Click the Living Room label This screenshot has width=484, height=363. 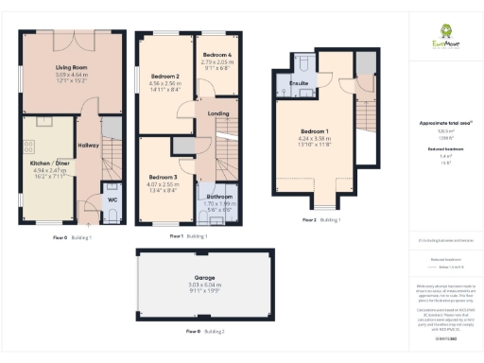[70, 68]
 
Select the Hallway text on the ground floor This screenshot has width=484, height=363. [88, 145]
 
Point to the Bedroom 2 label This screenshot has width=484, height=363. [164, 77]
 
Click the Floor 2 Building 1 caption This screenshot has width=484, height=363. [321, 219]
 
